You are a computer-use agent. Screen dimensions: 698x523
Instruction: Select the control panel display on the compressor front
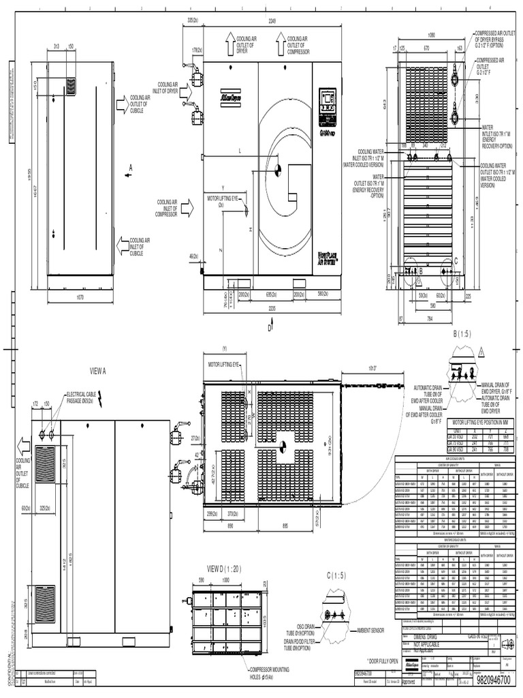(x=328, y=100)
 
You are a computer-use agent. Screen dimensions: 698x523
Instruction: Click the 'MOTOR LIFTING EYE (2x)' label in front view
(x=225, y=201)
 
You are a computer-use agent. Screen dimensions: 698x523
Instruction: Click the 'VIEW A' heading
(x=99, y=371)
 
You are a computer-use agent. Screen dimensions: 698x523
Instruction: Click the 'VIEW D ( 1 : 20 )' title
(x=224, y=568)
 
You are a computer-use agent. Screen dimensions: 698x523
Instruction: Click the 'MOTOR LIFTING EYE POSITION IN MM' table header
(x=479, y=423)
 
